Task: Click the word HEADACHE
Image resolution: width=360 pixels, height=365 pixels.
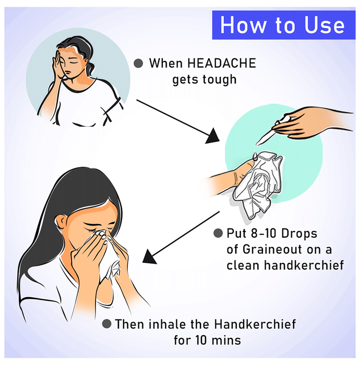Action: pos(222,63)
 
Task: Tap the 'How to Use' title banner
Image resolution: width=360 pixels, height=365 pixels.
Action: pos(284,25)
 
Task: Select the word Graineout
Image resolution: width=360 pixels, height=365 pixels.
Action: pos(272,250)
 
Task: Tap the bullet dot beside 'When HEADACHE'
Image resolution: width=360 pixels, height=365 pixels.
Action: pos(138,63)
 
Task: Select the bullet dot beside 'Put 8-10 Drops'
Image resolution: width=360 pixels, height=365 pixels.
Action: pos(218,233)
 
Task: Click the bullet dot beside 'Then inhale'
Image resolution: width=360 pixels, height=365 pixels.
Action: pos(106,324)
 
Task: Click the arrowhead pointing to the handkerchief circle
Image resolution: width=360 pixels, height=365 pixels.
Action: pos(213,137)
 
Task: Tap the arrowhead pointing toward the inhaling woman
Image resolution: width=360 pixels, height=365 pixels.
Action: pos(149,257)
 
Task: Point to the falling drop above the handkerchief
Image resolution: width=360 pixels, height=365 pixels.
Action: pos(255,156)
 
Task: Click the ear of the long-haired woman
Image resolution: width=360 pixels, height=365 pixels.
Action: pos(61,222)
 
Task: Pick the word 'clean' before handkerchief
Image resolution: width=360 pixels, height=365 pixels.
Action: pos(243,265)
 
